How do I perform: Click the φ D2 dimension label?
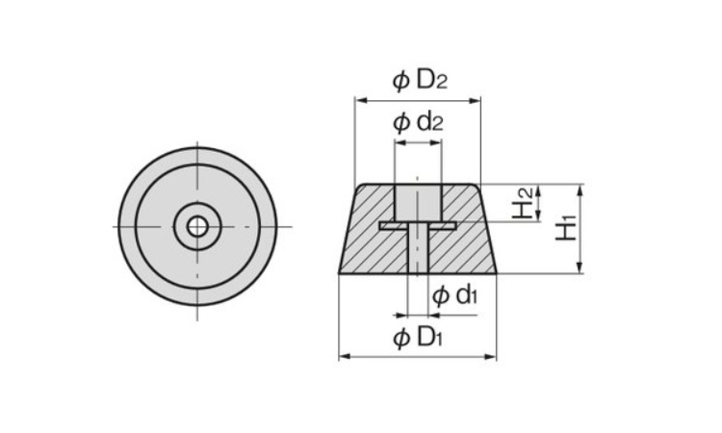tap(420, 80)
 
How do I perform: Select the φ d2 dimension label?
tap(418, 122)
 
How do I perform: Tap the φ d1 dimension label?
tap(454, 295)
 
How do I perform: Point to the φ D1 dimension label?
tap(418, 338)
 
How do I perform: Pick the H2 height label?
tap(523, 203)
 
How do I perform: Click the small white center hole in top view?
tap(197, 226)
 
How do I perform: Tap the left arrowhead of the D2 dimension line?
tap(361, 101)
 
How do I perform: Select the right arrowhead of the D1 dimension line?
tap(490, 356)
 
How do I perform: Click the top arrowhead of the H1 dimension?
tap(580, 191)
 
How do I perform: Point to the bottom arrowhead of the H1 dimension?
tap(580, 267)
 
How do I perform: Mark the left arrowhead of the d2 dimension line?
tap(400, 142)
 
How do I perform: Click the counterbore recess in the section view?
tap(418, 202)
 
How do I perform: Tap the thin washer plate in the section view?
tap(418, 225)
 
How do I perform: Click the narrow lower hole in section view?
tap(418, 251)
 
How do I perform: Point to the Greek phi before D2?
tap(401, 81)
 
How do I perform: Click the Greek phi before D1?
tap(401, 338)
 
